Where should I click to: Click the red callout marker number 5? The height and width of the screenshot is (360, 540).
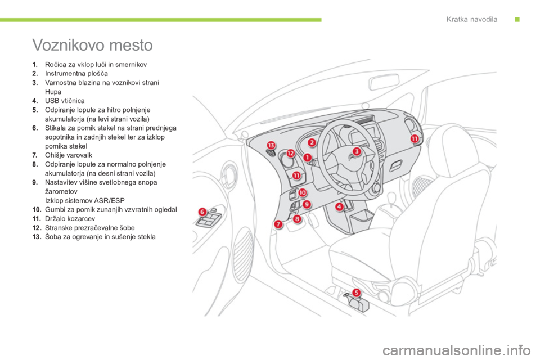point(357,292)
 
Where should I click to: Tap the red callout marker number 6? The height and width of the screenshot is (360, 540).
point(202,211)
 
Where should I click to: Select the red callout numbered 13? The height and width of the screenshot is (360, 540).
point(271,145)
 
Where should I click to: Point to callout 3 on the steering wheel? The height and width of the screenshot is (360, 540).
point(357,151)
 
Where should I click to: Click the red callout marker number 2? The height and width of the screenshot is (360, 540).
point(312,142)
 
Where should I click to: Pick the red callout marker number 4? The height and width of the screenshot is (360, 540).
point(340,206)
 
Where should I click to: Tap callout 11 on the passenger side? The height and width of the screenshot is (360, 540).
point(415,138)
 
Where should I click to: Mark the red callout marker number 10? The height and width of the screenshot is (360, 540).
point(302,192)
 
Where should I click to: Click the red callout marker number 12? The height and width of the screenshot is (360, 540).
point(291,153)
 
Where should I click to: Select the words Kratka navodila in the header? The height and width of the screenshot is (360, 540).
point(472,19)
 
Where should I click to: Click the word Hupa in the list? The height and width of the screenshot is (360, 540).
point(53,92)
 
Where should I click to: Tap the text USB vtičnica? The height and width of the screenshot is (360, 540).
point(65,101)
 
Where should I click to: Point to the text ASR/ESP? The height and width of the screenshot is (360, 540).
point(110,200)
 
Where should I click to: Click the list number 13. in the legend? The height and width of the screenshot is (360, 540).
point(37,237)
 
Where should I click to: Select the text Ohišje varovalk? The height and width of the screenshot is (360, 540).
point(69,155)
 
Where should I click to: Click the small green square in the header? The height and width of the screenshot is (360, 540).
point(517,19)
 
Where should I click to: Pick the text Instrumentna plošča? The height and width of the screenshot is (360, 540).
point(76,73)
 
